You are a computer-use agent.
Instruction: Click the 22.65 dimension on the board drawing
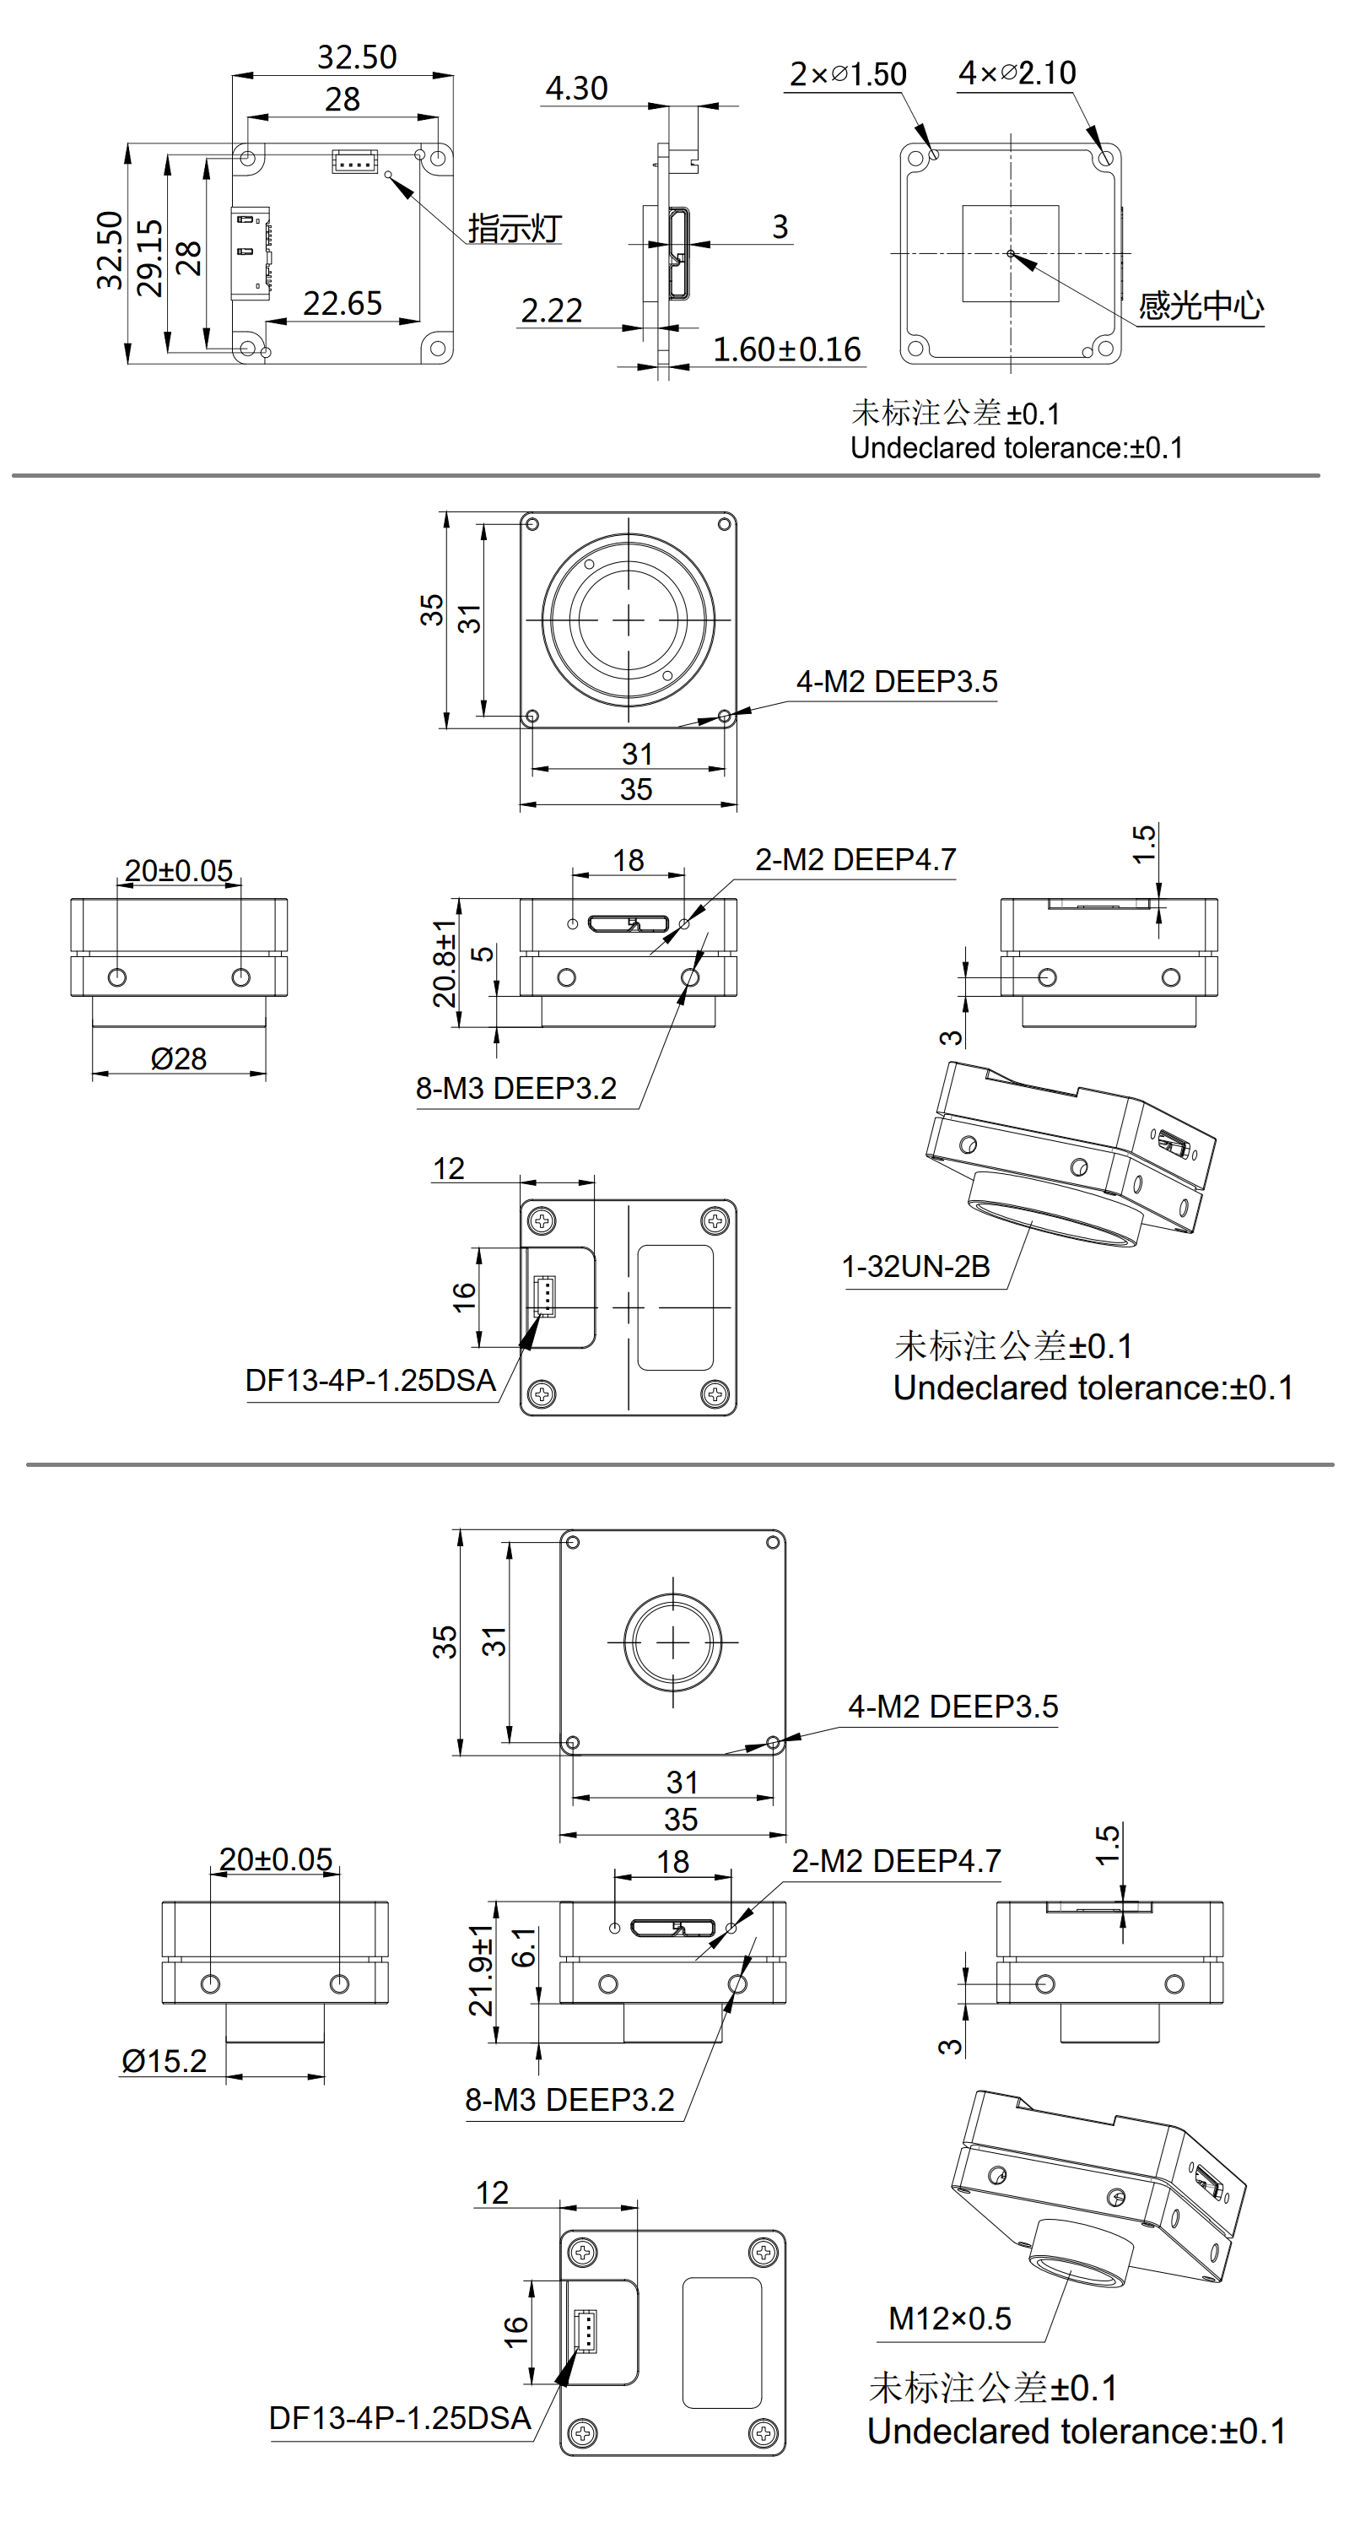tap(342, 303)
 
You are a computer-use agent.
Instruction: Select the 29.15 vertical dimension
tap(150, 257)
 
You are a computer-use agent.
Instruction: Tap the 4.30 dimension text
tap(576, 89)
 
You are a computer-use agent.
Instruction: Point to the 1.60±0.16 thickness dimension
tap(786, 349)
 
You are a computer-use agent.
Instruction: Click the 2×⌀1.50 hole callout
tap(848, 74)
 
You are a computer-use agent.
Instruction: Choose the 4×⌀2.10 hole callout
tap(1017, 73)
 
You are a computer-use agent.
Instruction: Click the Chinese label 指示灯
tap(514, 228)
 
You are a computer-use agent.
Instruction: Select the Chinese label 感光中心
tap(1201, 306)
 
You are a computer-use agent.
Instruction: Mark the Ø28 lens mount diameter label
tap(179, 1059)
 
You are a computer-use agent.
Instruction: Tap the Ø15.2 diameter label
tap(164, 2061)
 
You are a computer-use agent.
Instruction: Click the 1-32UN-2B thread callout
tap(915, 1267)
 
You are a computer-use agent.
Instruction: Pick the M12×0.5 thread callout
tap(949, 2318)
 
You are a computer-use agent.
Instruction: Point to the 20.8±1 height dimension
tap(445, 962)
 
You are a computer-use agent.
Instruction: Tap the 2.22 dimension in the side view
tap(552, 311)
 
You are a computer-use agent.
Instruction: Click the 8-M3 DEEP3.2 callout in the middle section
tap(516, 1089)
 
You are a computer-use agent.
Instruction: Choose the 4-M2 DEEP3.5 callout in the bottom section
tap(953, 1707)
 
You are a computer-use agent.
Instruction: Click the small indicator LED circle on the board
tap(389, 175)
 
